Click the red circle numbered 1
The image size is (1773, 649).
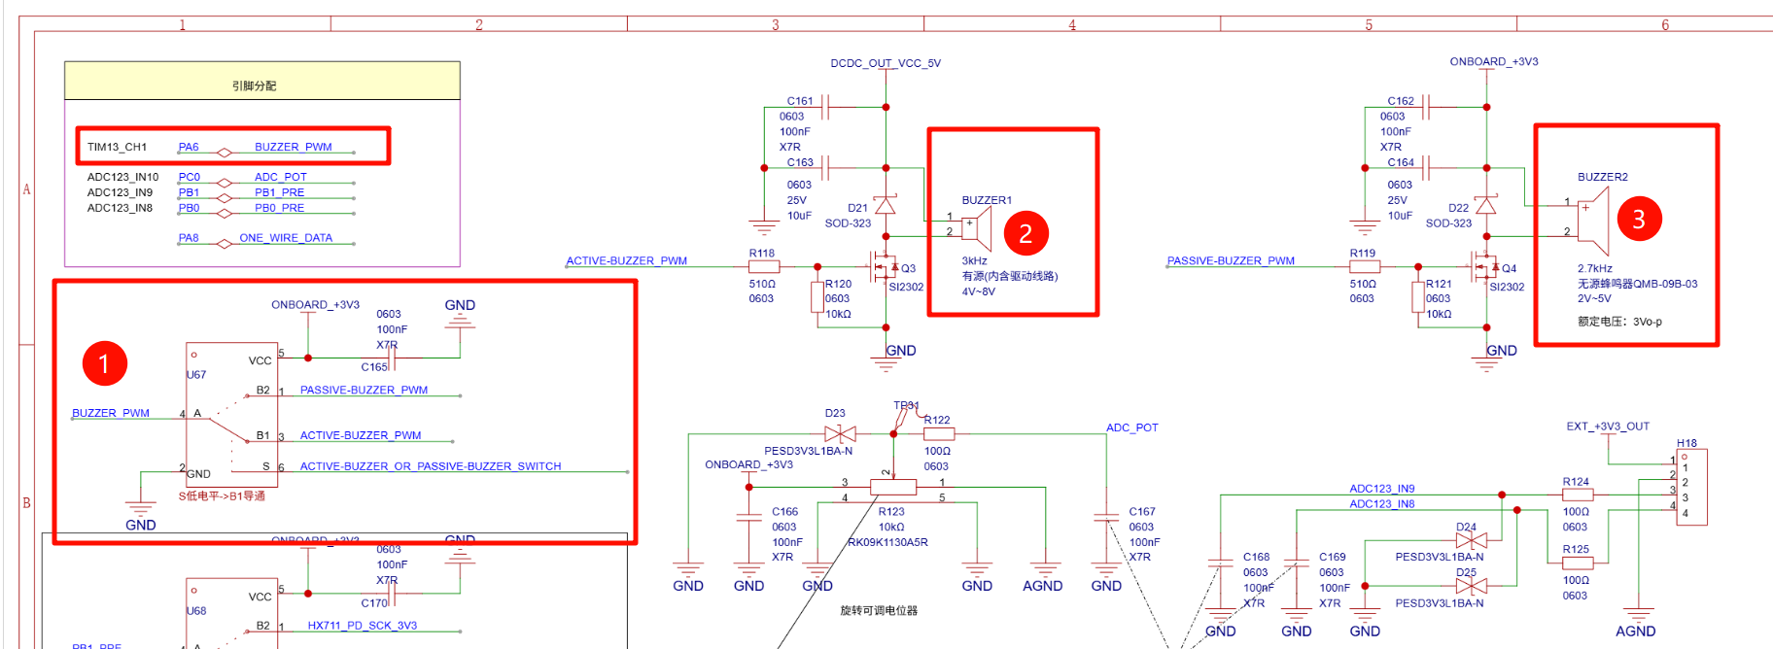[105, 363]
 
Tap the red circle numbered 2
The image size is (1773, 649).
[1026, 233]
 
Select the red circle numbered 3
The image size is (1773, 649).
[1639, 219]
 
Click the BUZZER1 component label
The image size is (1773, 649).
[987, 200]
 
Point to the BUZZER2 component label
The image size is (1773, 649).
[1602, 177]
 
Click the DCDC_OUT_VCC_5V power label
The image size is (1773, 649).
[885, 63]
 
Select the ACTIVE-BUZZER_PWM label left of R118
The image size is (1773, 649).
[626, 260]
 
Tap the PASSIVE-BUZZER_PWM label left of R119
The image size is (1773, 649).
[1231, 260]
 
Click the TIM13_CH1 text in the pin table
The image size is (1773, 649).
[117, 148]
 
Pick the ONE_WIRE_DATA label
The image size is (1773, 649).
[286, 238]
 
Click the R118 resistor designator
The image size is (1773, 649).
[761, 253]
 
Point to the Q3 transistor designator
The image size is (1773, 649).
[908, 268]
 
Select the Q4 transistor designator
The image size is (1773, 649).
[1509, 268]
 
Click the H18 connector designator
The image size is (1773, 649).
[1686, 443]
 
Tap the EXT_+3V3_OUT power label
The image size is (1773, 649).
[1608, 427]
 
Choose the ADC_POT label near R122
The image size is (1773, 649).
[1131, 427]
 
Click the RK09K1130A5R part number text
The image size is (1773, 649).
[887, 542]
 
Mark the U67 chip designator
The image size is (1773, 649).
[196, 375]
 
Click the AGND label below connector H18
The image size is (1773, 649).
[1635, 632]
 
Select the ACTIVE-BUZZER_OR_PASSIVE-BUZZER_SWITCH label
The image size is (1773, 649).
[430, 466]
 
